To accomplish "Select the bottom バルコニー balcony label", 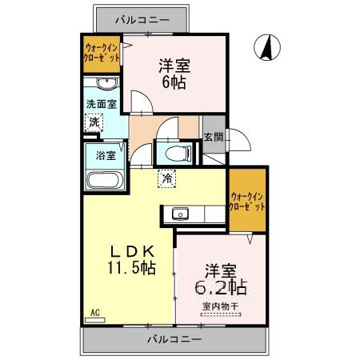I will coord(174,339).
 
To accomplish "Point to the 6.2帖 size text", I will coord(217,286).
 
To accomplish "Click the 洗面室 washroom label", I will coord(102,104).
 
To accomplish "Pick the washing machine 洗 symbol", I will coord(95,123).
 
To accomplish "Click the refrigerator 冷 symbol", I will coord(166,180).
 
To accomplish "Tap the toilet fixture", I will coord(175,152).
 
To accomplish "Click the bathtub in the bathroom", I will coord(102,180).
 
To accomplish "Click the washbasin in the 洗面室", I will coord(105,85).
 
